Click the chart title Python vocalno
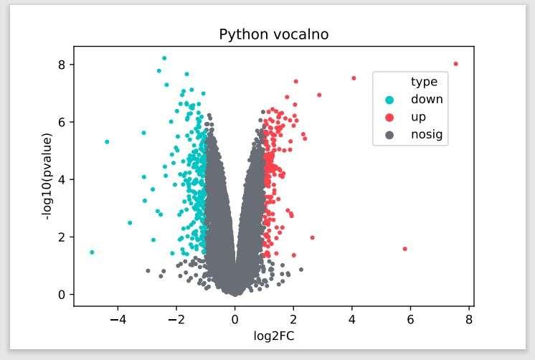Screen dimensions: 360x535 [274, 34]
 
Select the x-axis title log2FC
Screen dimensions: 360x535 [273, 335]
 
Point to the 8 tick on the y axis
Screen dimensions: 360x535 [62, 65]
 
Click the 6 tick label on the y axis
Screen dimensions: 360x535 [62, 122]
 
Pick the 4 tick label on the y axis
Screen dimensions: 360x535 [62, 179]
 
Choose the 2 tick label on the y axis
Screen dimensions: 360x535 [62, 237]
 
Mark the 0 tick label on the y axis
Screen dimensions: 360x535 [62, 295]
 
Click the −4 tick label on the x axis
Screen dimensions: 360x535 [117, 318]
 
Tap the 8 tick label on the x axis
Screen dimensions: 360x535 [469, 318]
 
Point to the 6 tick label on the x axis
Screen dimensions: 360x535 [410, 318]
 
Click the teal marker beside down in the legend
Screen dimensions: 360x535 [389, 100]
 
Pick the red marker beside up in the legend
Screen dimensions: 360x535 [389, 117]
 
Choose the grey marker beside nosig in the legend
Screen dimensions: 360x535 [389, 134]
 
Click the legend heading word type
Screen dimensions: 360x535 [424, 82]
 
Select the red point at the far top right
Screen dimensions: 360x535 [455, 64]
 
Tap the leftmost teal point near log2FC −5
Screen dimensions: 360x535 [92, 252]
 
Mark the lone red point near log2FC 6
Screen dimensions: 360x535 [404, 249]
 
